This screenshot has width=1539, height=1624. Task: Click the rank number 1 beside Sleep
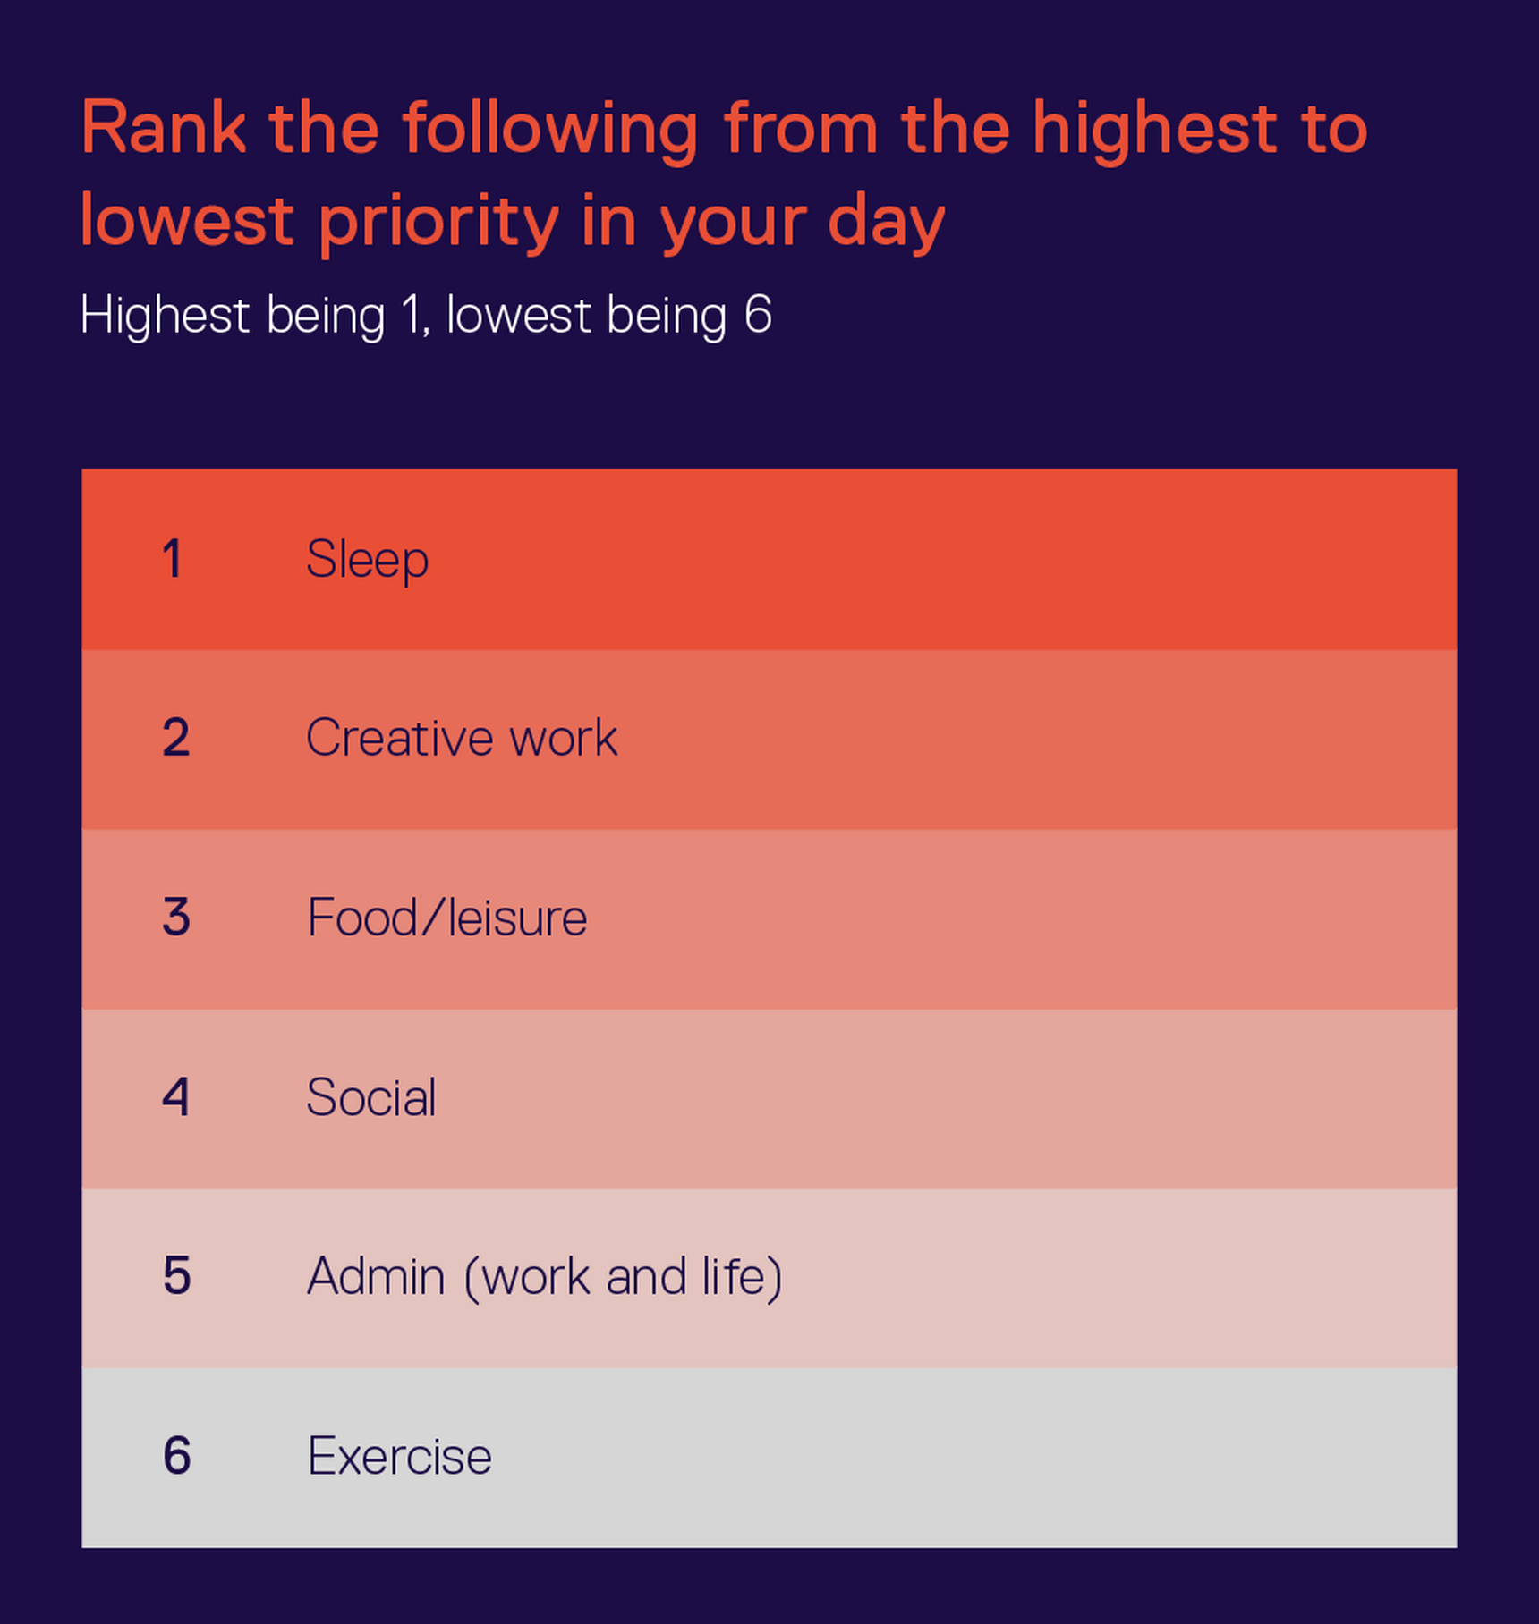(173, 559)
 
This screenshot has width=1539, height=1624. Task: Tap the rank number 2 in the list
(175, 738)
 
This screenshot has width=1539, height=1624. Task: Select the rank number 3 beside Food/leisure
(175, 918)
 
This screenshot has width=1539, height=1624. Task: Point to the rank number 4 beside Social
(175, 1096)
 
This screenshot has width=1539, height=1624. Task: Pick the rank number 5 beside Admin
(176, 1275)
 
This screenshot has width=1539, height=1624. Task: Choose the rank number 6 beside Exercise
(176, 1455)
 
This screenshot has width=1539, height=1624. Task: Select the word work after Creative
(564, 738)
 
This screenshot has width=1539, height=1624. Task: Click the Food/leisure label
(447, 918)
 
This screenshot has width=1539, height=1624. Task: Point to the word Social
(371, 1096)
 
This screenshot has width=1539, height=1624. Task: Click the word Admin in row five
(376, 1275)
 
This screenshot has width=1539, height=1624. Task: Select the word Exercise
(399, 1456)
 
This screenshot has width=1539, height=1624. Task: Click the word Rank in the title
(164, 128)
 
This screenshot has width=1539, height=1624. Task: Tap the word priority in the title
(439, 224)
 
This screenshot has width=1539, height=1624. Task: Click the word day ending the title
(886, 224)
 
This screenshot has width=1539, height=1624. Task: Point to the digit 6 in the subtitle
(758, 315)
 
